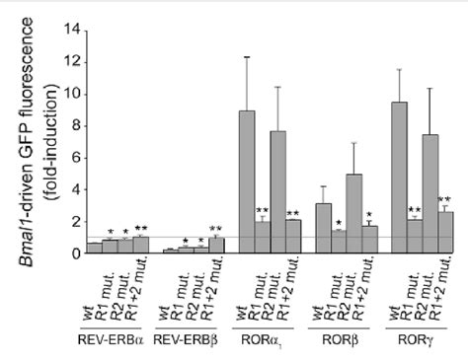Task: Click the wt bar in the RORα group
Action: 247,182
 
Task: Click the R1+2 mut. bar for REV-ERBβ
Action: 216,246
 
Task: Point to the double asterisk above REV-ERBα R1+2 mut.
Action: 140,229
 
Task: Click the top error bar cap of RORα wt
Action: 247,57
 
